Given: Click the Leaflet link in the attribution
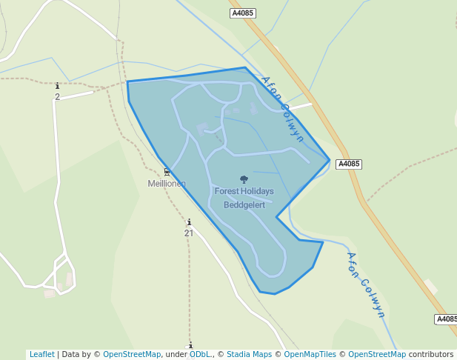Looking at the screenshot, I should click(41, 354).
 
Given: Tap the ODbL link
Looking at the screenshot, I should click(199, 354).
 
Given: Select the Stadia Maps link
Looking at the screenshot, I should click(249, 354).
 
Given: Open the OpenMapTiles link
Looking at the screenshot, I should click(310, 354).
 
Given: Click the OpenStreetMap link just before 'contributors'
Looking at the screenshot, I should click(376, 354).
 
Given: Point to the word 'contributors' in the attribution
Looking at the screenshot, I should click(430, 354).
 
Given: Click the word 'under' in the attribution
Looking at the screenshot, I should click(176, 354).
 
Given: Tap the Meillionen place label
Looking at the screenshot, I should click(167, 184).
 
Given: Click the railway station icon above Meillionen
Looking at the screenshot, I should click(167, 172).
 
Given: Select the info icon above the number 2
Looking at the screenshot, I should click(57, 87).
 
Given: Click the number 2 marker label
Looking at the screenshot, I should click(57, 97).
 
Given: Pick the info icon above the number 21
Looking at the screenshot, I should click(189, 222).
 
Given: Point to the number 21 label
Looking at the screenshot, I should click(189, 233).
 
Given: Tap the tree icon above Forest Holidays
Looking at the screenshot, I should click(244, 179).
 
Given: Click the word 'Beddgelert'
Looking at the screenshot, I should click(244, 204).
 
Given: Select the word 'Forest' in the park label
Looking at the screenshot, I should click(227, 191).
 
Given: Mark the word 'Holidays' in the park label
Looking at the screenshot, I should click(258, 191).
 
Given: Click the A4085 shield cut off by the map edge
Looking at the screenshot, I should click(446, 319).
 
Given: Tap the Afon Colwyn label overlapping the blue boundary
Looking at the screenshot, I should click(282, 108).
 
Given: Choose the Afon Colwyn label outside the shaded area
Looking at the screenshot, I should click(366, 284).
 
